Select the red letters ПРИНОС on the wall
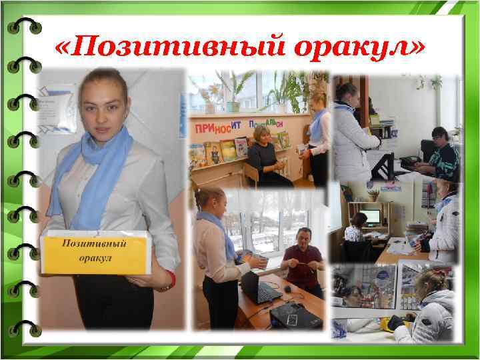pyautogui.click(x=215, y=127)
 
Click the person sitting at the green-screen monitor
pyautogui.click(x=355, y=230)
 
